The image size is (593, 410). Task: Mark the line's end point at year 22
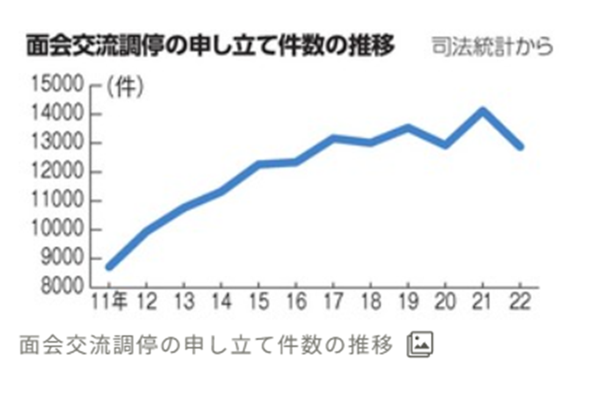(520, 147)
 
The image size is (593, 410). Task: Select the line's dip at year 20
(446, 145)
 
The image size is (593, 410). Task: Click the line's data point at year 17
(333, 138)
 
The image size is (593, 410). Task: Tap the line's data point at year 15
(259, 164)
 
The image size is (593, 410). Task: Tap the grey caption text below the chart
(206, 346)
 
